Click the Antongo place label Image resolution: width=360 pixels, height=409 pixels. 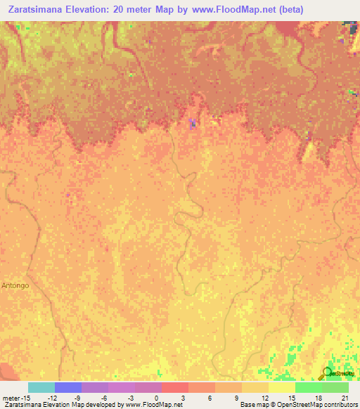[15, 285]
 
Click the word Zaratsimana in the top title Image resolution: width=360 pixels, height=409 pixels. [36, 10]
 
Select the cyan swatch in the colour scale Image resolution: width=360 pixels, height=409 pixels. [41, 387]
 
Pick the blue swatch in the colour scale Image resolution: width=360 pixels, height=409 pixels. [67, 387]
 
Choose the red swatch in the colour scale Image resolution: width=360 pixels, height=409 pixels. [174, 387]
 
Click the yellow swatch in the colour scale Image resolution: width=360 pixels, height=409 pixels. [281, 387]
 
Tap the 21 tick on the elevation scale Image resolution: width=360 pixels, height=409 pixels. [345, 398]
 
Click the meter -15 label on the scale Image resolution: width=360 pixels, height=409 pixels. [15, 398]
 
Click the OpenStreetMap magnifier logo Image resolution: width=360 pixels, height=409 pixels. [327, 372]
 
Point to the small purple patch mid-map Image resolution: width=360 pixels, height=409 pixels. [193, 124]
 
